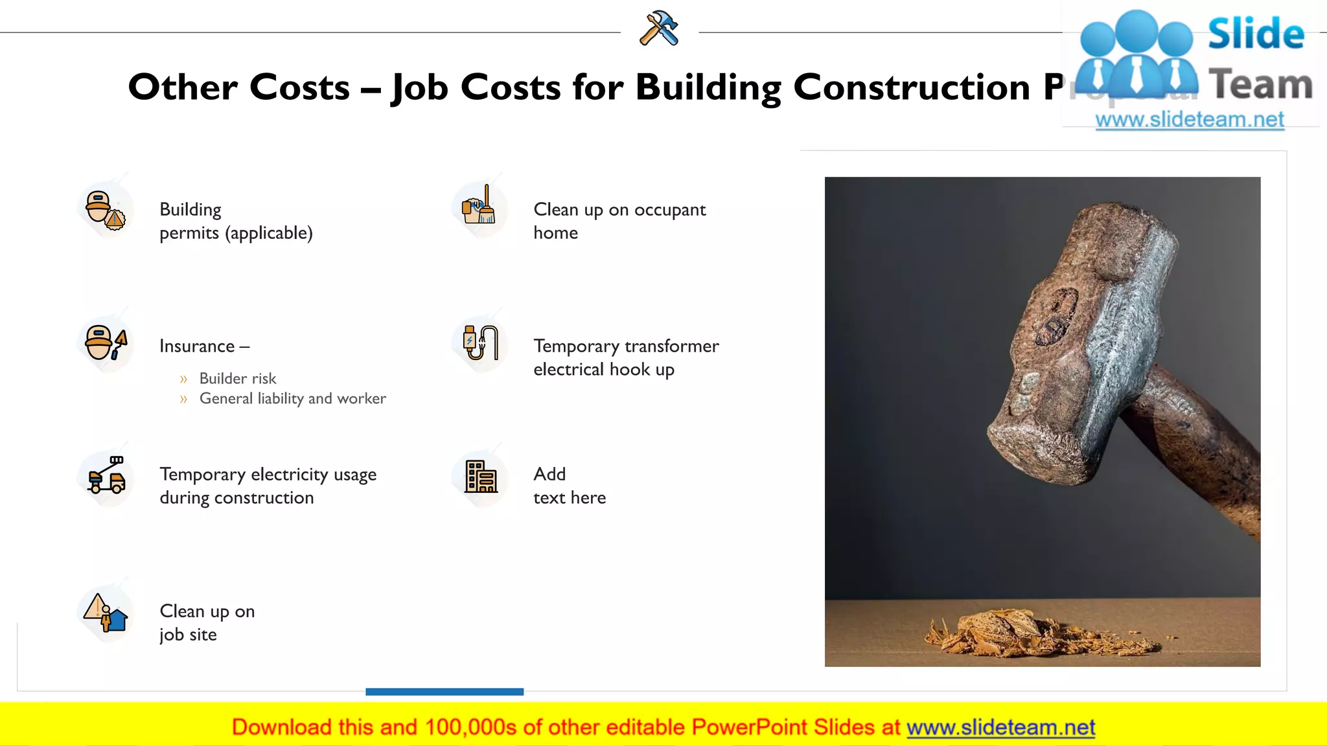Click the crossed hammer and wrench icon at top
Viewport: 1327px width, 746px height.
(659, 28)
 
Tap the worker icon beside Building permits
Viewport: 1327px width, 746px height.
(105, 210)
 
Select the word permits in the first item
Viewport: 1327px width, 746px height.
(189, 233)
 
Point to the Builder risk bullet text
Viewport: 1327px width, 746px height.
(237, 378)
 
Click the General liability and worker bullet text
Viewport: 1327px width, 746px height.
(292, 398)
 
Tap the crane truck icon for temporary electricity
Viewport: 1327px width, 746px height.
(106, 476)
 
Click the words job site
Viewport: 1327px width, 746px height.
(188, 635)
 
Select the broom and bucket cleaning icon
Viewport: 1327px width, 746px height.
(479, 206)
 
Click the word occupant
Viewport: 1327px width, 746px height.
(669, 210)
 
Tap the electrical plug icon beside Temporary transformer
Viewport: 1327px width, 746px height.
(480, 343)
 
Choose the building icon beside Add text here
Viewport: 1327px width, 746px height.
(481, 477)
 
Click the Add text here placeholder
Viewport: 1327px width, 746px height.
(569, 486)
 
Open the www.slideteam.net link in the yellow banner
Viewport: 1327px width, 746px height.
(1000, 727)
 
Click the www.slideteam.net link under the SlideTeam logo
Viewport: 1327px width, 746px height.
(1189, 120)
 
